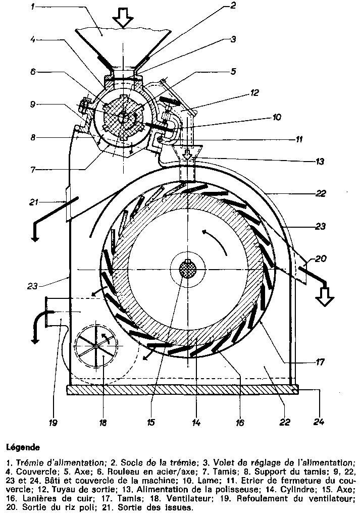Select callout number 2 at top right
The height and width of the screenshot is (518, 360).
tap(233, 6)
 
